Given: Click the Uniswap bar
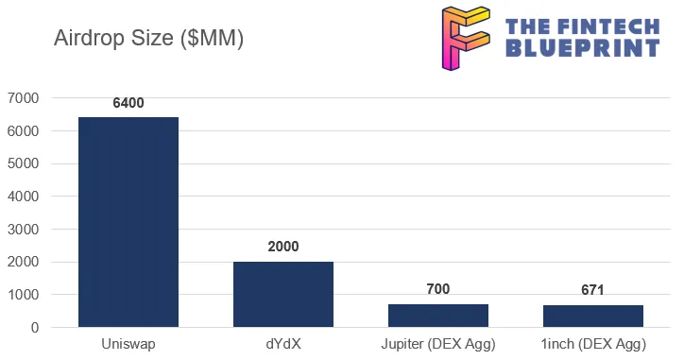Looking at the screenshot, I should click(128, 222).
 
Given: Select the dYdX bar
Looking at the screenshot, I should click(283, 294).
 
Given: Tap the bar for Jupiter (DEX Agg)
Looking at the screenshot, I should click(438, 316).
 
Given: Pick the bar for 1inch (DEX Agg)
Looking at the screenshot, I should click(592, 317).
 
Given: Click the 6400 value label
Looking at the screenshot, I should click(128, 103).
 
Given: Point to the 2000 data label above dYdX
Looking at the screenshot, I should click(283, 247).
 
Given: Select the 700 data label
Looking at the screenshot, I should click(438, 289).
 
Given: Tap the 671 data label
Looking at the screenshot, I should click(592, 290).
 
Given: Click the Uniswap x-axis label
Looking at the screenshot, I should click(128, 344).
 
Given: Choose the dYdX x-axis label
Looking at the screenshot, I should click(283, 344).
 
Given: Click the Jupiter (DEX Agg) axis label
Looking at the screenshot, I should click(438, 344).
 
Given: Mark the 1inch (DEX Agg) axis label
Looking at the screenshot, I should click(592, 344).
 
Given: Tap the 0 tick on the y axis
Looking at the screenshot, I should click(34, 328).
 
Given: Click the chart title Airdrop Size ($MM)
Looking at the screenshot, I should click(148, 39).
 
